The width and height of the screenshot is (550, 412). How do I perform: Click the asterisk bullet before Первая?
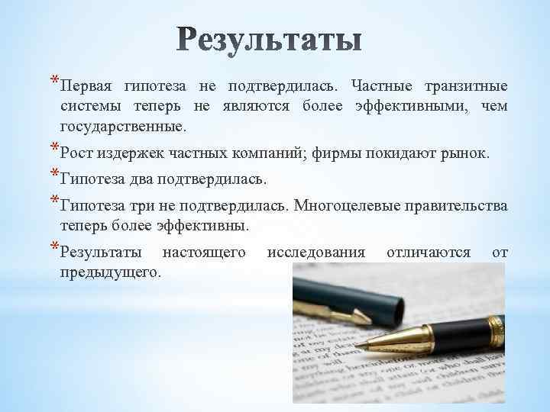click(x=53, y=79)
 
